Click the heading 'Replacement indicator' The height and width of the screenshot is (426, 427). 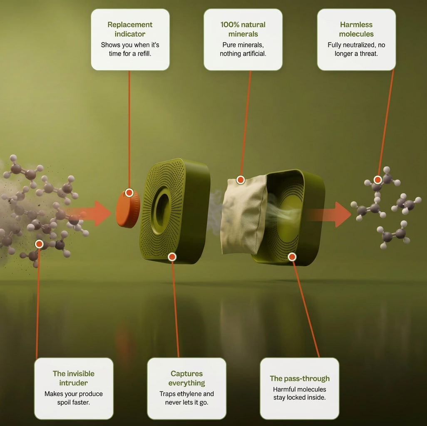[x=130, y=29]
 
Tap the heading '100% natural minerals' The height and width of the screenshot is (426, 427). [x=243, y=29]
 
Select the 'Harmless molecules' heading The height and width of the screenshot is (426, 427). [x=356, y=29]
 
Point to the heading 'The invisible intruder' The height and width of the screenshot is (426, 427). [x=74, y=378]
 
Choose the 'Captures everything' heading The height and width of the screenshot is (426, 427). [x=186, y=378]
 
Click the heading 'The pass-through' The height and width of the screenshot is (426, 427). [x=300, y=378]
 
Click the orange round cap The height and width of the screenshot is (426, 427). [x=128, y=208]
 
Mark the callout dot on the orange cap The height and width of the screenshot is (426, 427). [x=129, y=193]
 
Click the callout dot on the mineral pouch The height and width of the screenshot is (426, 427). [x=241, y=180]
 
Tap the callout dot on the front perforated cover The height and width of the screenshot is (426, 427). [x=172, y=257]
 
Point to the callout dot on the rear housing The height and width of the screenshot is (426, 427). [x=292, y=257]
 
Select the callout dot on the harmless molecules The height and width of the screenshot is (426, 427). [x=377, y=180]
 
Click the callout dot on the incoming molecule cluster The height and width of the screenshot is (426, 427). [x=39, y=244]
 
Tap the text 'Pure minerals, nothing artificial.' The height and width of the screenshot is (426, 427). [x=243, y=49]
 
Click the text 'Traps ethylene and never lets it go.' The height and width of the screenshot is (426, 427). [x=186, y=398]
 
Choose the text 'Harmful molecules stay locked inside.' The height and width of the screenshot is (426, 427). [x=300, y=393]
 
